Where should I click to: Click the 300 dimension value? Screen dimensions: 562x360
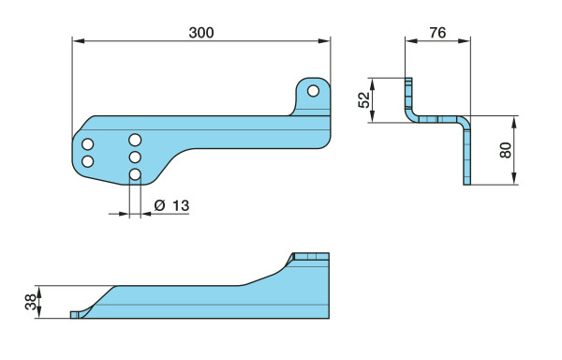[x=201, y=33]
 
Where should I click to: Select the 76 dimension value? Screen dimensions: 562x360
[x=437, y=33]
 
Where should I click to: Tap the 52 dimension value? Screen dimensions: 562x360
[x=363, y=100]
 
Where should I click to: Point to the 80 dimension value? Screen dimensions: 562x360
[x=505, y=150]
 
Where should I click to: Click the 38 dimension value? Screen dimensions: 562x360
[x=31, y=302]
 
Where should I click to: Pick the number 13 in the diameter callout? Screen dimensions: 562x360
[x=181, y=206]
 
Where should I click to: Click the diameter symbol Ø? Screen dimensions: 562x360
[x=160, y=206]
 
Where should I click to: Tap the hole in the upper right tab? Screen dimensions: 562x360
[x=313, y=91]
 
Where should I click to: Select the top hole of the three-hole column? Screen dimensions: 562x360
[x=135, y=140]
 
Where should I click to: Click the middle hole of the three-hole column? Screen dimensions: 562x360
[x=135, y=157]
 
